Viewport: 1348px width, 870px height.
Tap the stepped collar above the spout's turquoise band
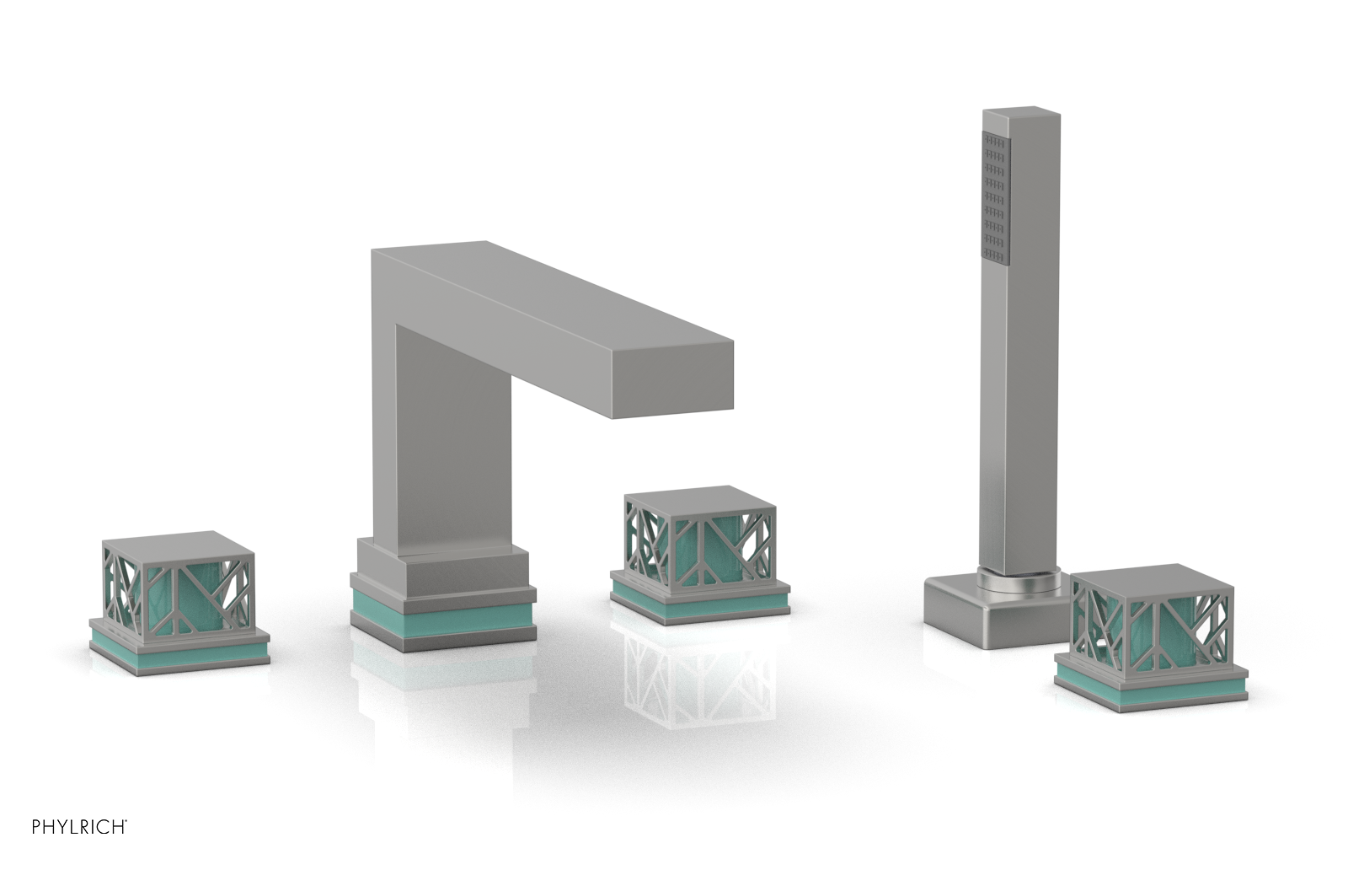441,573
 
